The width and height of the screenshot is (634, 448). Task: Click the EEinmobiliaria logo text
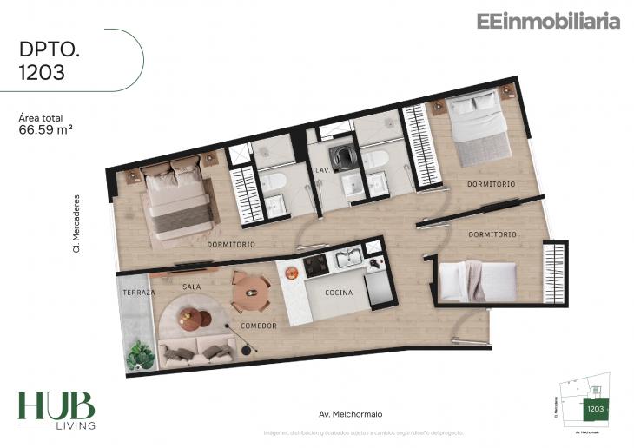point(548,22)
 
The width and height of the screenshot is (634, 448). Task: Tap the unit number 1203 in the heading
point(42,73)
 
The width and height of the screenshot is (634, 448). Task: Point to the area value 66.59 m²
point(44,133)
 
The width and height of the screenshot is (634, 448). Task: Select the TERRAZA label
point(138,293)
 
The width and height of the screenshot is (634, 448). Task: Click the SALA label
point(192,286)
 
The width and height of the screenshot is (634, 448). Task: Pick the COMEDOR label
point(259,326)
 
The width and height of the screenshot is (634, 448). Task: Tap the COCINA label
point(339,293)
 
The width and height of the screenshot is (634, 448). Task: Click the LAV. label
point(321,170)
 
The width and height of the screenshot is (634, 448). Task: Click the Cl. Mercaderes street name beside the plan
point(76,224)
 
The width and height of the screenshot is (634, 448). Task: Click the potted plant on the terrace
point(140,354)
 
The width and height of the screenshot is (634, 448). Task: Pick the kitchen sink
point(349,257)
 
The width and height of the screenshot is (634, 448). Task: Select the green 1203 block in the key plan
point(595,408)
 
